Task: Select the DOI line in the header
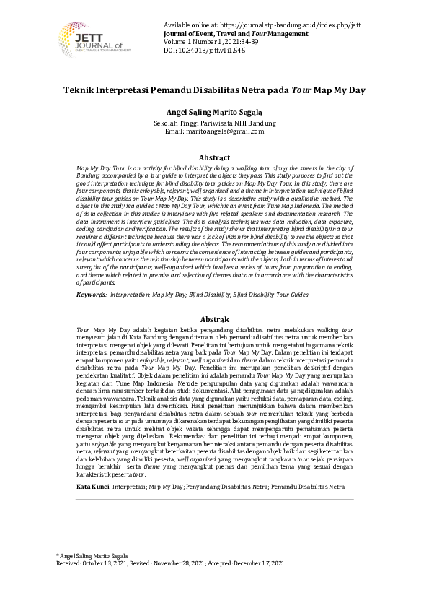tap(204, 51)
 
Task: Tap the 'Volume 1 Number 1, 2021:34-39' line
tap(216, 42)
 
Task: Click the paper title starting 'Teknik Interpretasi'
tap(214, 91)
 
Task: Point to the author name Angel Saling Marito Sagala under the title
tap(214, 112)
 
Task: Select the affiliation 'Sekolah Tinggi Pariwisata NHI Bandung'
tap(214, 123)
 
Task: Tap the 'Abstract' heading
tap(214, 157)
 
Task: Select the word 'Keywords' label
tap(91, 295)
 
